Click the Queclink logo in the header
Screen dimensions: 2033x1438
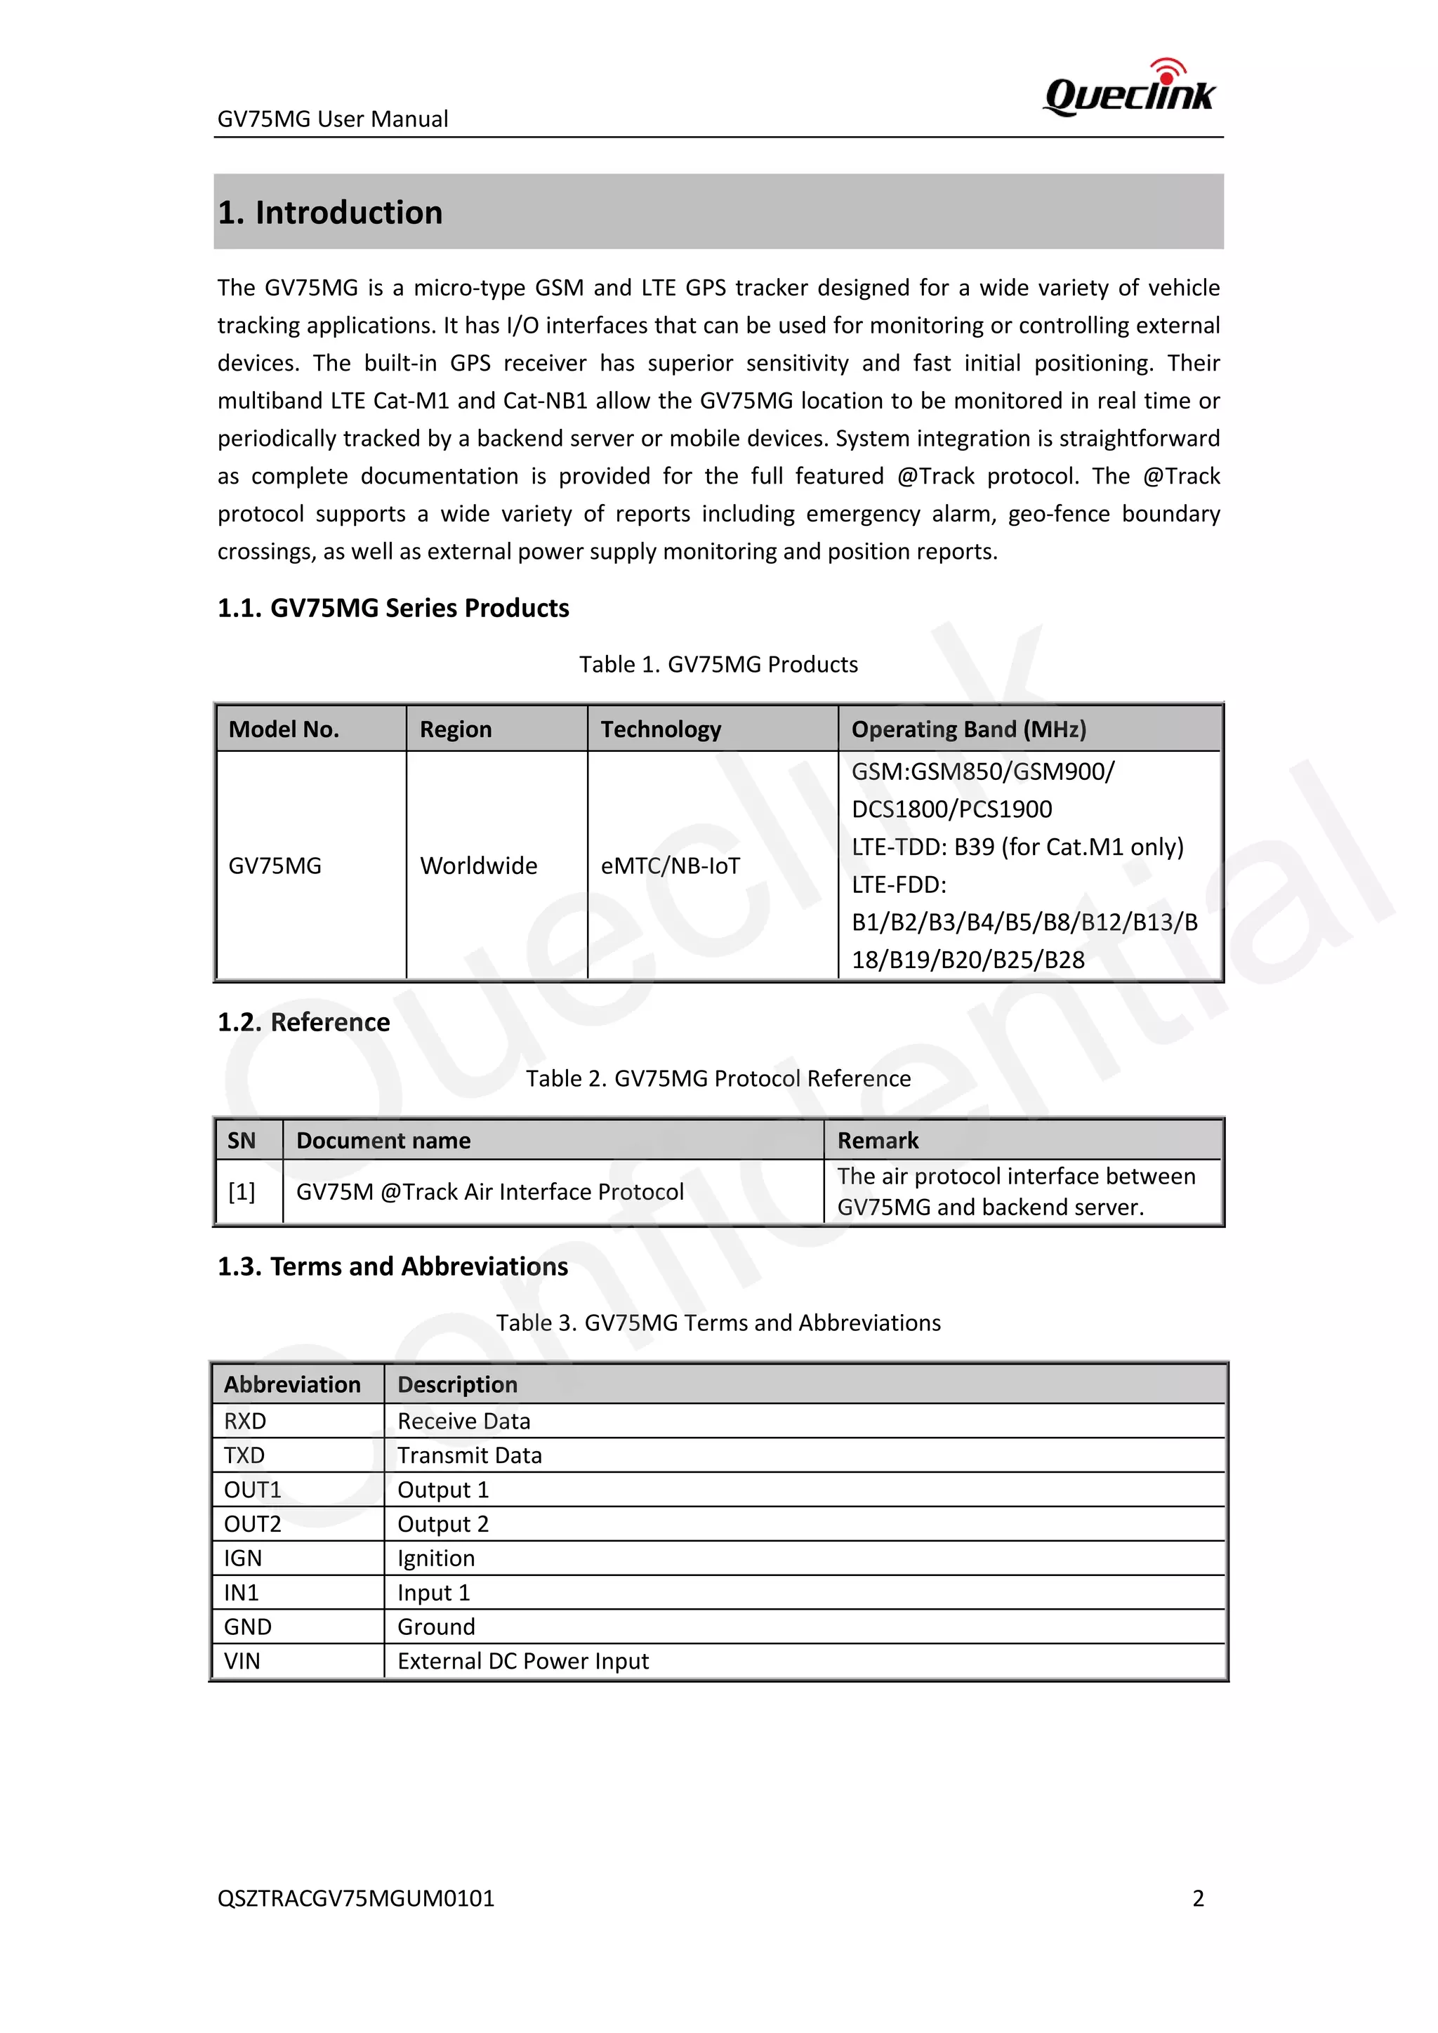(x=1130, y=89)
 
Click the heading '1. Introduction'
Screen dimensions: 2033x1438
(x=330, y=213)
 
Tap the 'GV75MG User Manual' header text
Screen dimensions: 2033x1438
(x=332, y=119)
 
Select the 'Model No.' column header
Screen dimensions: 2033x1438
(x=284, y=729)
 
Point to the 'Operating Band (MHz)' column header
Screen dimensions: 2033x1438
(x=968, y=729)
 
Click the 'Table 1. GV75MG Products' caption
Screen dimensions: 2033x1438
(x=718, y=664)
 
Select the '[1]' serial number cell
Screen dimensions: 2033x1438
(x=241, y=1192)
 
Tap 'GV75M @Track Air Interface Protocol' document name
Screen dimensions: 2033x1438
(x=489, y=1192)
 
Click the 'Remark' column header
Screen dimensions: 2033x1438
(x=878, y=1141)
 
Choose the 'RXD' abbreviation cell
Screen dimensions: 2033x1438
(x=244, y=1421)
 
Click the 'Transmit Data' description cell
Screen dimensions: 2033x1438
(x=469, y=1456)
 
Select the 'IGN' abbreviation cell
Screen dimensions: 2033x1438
(x=243, y=1558)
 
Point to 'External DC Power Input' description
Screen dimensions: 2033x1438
(x=522, y=1661)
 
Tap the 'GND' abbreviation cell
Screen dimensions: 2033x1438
(x=247, y=1627)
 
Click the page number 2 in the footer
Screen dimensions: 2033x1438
(x=1198, y=1898)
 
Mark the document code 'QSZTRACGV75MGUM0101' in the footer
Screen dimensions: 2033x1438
(x=356, y=1898)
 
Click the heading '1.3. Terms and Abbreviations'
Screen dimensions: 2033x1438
(x=393, y=1266)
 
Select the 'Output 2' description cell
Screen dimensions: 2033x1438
(x=443, y=1524)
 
